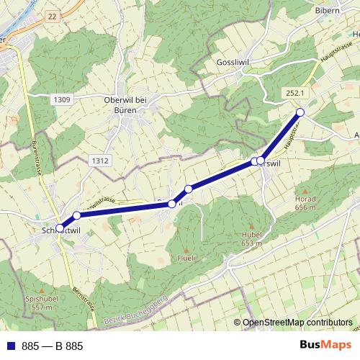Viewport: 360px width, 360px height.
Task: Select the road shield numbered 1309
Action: point(61,99)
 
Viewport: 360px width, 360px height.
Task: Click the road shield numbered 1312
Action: point(100,161)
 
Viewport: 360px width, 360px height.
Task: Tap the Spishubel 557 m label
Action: point(41,302)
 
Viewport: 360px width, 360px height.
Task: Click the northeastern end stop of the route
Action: point(301,112)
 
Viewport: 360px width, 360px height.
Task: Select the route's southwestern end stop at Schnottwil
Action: point(60,228)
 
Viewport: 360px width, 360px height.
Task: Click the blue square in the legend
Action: point(11,346)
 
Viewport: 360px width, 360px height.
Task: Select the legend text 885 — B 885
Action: point(53,346)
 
